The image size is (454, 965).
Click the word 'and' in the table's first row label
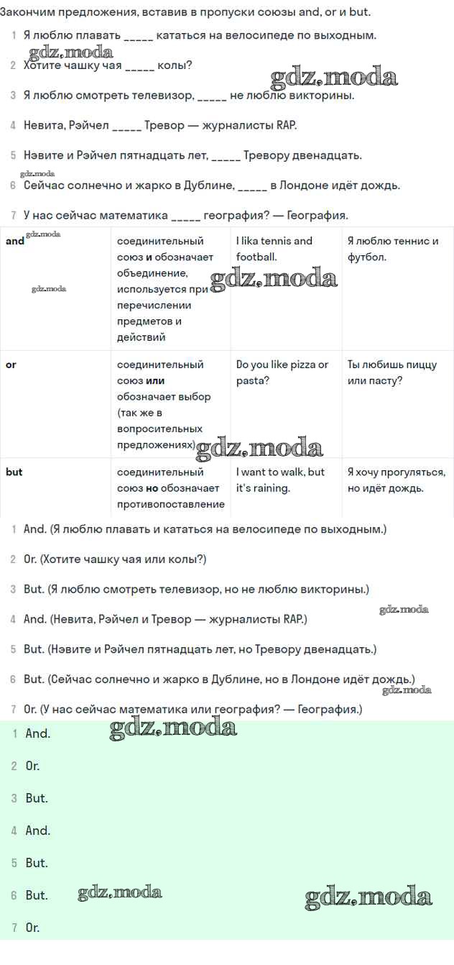point(15,242)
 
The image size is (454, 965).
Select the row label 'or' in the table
point(11,365)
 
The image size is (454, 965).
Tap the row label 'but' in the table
point(14,472)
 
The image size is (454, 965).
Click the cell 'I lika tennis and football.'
point(274,249)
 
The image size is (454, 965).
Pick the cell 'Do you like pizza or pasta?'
point(282,372)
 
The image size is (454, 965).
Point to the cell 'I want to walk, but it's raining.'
point(280,480)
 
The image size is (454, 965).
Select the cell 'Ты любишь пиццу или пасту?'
point(392,372)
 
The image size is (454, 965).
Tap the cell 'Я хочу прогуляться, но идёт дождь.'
point(396,480)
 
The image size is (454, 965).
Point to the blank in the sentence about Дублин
point(252,186)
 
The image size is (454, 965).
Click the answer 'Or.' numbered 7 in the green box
point(32,928)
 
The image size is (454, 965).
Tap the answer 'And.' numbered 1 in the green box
point(37,734)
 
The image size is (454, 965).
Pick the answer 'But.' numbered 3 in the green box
point(37,798)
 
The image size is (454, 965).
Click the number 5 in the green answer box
point(14,863)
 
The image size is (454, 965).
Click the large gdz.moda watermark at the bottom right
point(369,897)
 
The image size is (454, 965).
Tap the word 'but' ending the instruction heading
point(358,12)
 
